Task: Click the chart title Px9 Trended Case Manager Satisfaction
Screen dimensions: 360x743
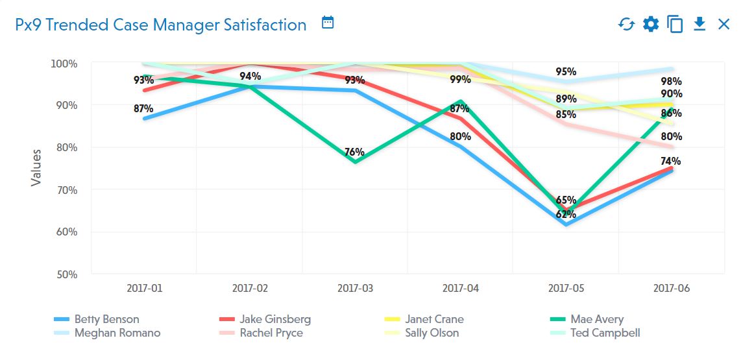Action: [160, 25]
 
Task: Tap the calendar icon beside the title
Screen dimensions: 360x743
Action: [328, 23]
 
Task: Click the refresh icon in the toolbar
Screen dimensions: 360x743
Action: [626, 25]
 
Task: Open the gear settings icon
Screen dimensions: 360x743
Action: [650, 25]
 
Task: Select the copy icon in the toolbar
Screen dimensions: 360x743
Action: [676, 25]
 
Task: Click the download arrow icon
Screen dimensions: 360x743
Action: [700, 24]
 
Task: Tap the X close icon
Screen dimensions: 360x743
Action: [724, 25]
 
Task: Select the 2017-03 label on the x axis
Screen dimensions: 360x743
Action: [355, 288]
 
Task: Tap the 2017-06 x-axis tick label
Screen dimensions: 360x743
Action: [671, 288]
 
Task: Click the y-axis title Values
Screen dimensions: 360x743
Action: [36, 167]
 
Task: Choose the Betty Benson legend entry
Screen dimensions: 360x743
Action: [106, 319]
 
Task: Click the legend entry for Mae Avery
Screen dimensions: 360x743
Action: [596, 319]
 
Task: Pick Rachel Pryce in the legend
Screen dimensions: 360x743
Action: [271, 333]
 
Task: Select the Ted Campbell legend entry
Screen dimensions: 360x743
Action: [605, 333]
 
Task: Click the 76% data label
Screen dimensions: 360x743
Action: [354, 152]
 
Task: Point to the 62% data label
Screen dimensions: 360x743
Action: [566, 214]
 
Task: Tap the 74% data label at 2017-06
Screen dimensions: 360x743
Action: [671, 161]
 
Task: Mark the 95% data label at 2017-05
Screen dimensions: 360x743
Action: [566, 71]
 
